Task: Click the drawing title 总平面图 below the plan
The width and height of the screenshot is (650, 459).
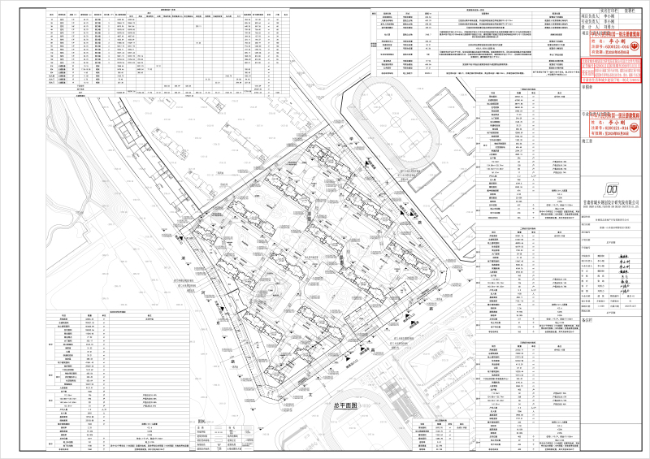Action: click(x=344, y=405)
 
